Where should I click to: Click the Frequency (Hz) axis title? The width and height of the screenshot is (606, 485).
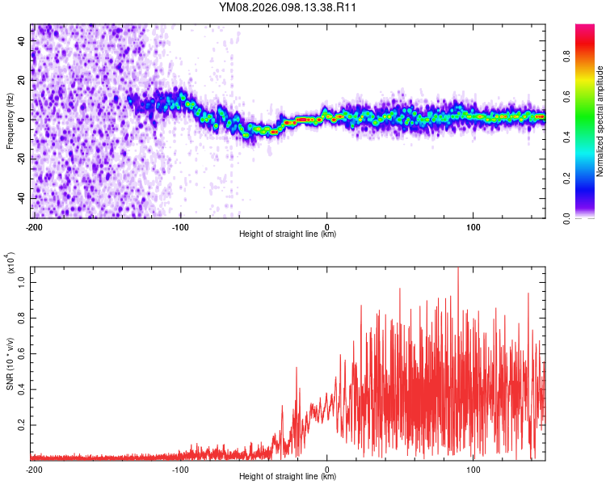click(x=10, y=120)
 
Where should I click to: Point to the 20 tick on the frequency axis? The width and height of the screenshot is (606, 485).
click(x=23, y=80)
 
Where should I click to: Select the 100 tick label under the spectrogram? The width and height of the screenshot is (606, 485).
click(x=473, y=226)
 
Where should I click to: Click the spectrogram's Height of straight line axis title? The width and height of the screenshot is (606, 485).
click(x=288, y=234)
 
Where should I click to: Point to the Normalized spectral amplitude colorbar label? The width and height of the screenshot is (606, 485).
click(x=600, y=121)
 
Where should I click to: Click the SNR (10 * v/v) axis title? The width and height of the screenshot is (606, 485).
click(x=10, y=363)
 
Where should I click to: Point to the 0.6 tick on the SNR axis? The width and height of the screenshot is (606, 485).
click(x=23, y=355)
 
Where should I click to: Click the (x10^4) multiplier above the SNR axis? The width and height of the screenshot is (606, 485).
click(x=11, y=260)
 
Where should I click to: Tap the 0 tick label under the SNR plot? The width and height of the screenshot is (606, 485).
click(x=326, y=469)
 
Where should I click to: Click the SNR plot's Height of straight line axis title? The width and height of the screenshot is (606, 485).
click(x=288, y=477)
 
